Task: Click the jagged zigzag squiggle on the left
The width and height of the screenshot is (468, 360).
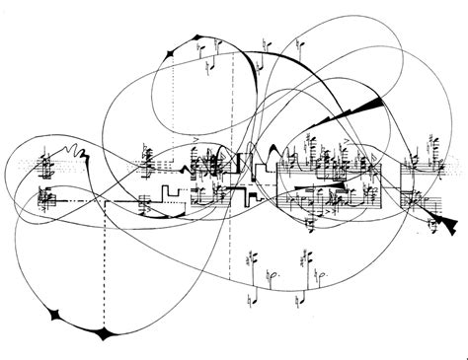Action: [x=73, y=153]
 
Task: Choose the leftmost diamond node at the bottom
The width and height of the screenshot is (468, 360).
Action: [x=55, y=315]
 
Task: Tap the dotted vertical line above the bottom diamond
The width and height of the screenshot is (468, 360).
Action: [x=103, y=266]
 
